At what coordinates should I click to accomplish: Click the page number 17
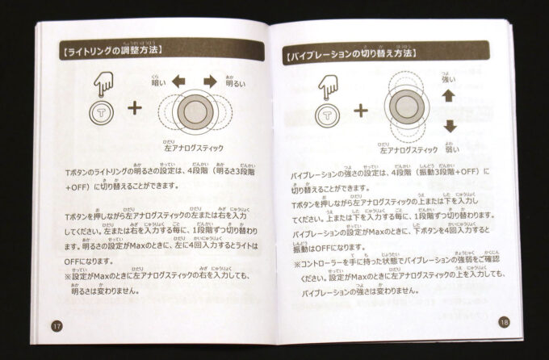point(56,325)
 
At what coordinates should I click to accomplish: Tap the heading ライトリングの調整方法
point(112,50)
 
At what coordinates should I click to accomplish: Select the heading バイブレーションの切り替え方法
point(350,55)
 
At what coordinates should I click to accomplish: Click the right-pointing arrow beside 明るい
point(211,81)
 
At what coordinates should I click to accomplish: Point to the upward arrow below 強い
point(450,94)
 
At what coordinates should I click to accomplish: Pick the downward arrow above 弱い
point(450,126)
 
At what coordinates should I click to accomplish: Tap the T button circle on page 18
point(328,115)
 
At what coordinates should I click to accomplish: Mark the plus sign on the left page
point(135,107)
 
